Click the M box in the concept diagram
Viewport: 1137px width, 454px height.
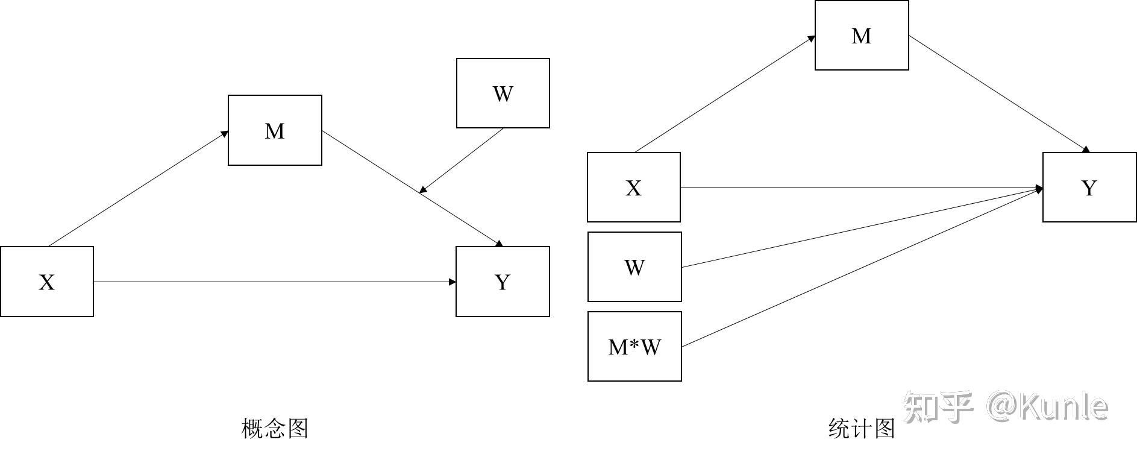click(275, 130)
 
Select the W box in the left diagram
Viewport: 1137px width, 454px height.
click(503, 93)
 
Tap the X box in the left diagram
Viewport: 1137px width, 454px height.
click(47, 282)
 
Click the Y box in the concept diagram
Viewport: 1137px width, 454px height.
click(503, 282)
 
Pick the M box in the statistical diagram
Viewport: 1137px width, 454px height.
click(862, 36)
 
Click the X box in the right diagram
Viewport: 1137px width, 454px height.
click(634, 188)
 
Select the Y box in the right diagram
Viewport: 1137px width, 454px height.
click(1089, 188)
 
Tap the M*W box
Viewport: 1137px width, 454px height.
click(634, 347)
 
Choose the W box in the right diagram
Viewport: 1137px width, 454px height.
click(634, 267)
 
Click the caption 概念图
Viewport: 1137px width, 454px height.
click(275, 429)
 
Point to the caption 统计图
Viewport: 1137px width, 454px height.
click(862, 429)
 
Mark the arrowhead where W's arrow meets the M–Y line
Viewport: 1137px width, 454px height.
click(423, 190)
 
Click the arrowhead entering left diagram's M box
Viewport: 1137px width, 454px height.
click(225, 133)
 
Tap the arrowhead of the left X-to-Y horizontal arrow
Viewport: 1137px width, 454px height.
click(453, 282)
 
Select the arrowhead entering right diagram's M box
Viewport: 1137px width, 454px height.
click(812, 39)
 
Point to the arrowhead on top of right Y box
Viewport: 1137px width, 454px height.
click(1086, 150)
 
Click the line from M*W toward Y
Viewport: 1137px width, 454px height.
click(862, 268)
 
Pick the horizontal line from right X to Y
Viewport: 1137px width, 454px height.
click(862, 188)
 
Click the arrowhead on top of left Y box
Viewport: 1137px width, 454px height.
click(499, 244)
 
